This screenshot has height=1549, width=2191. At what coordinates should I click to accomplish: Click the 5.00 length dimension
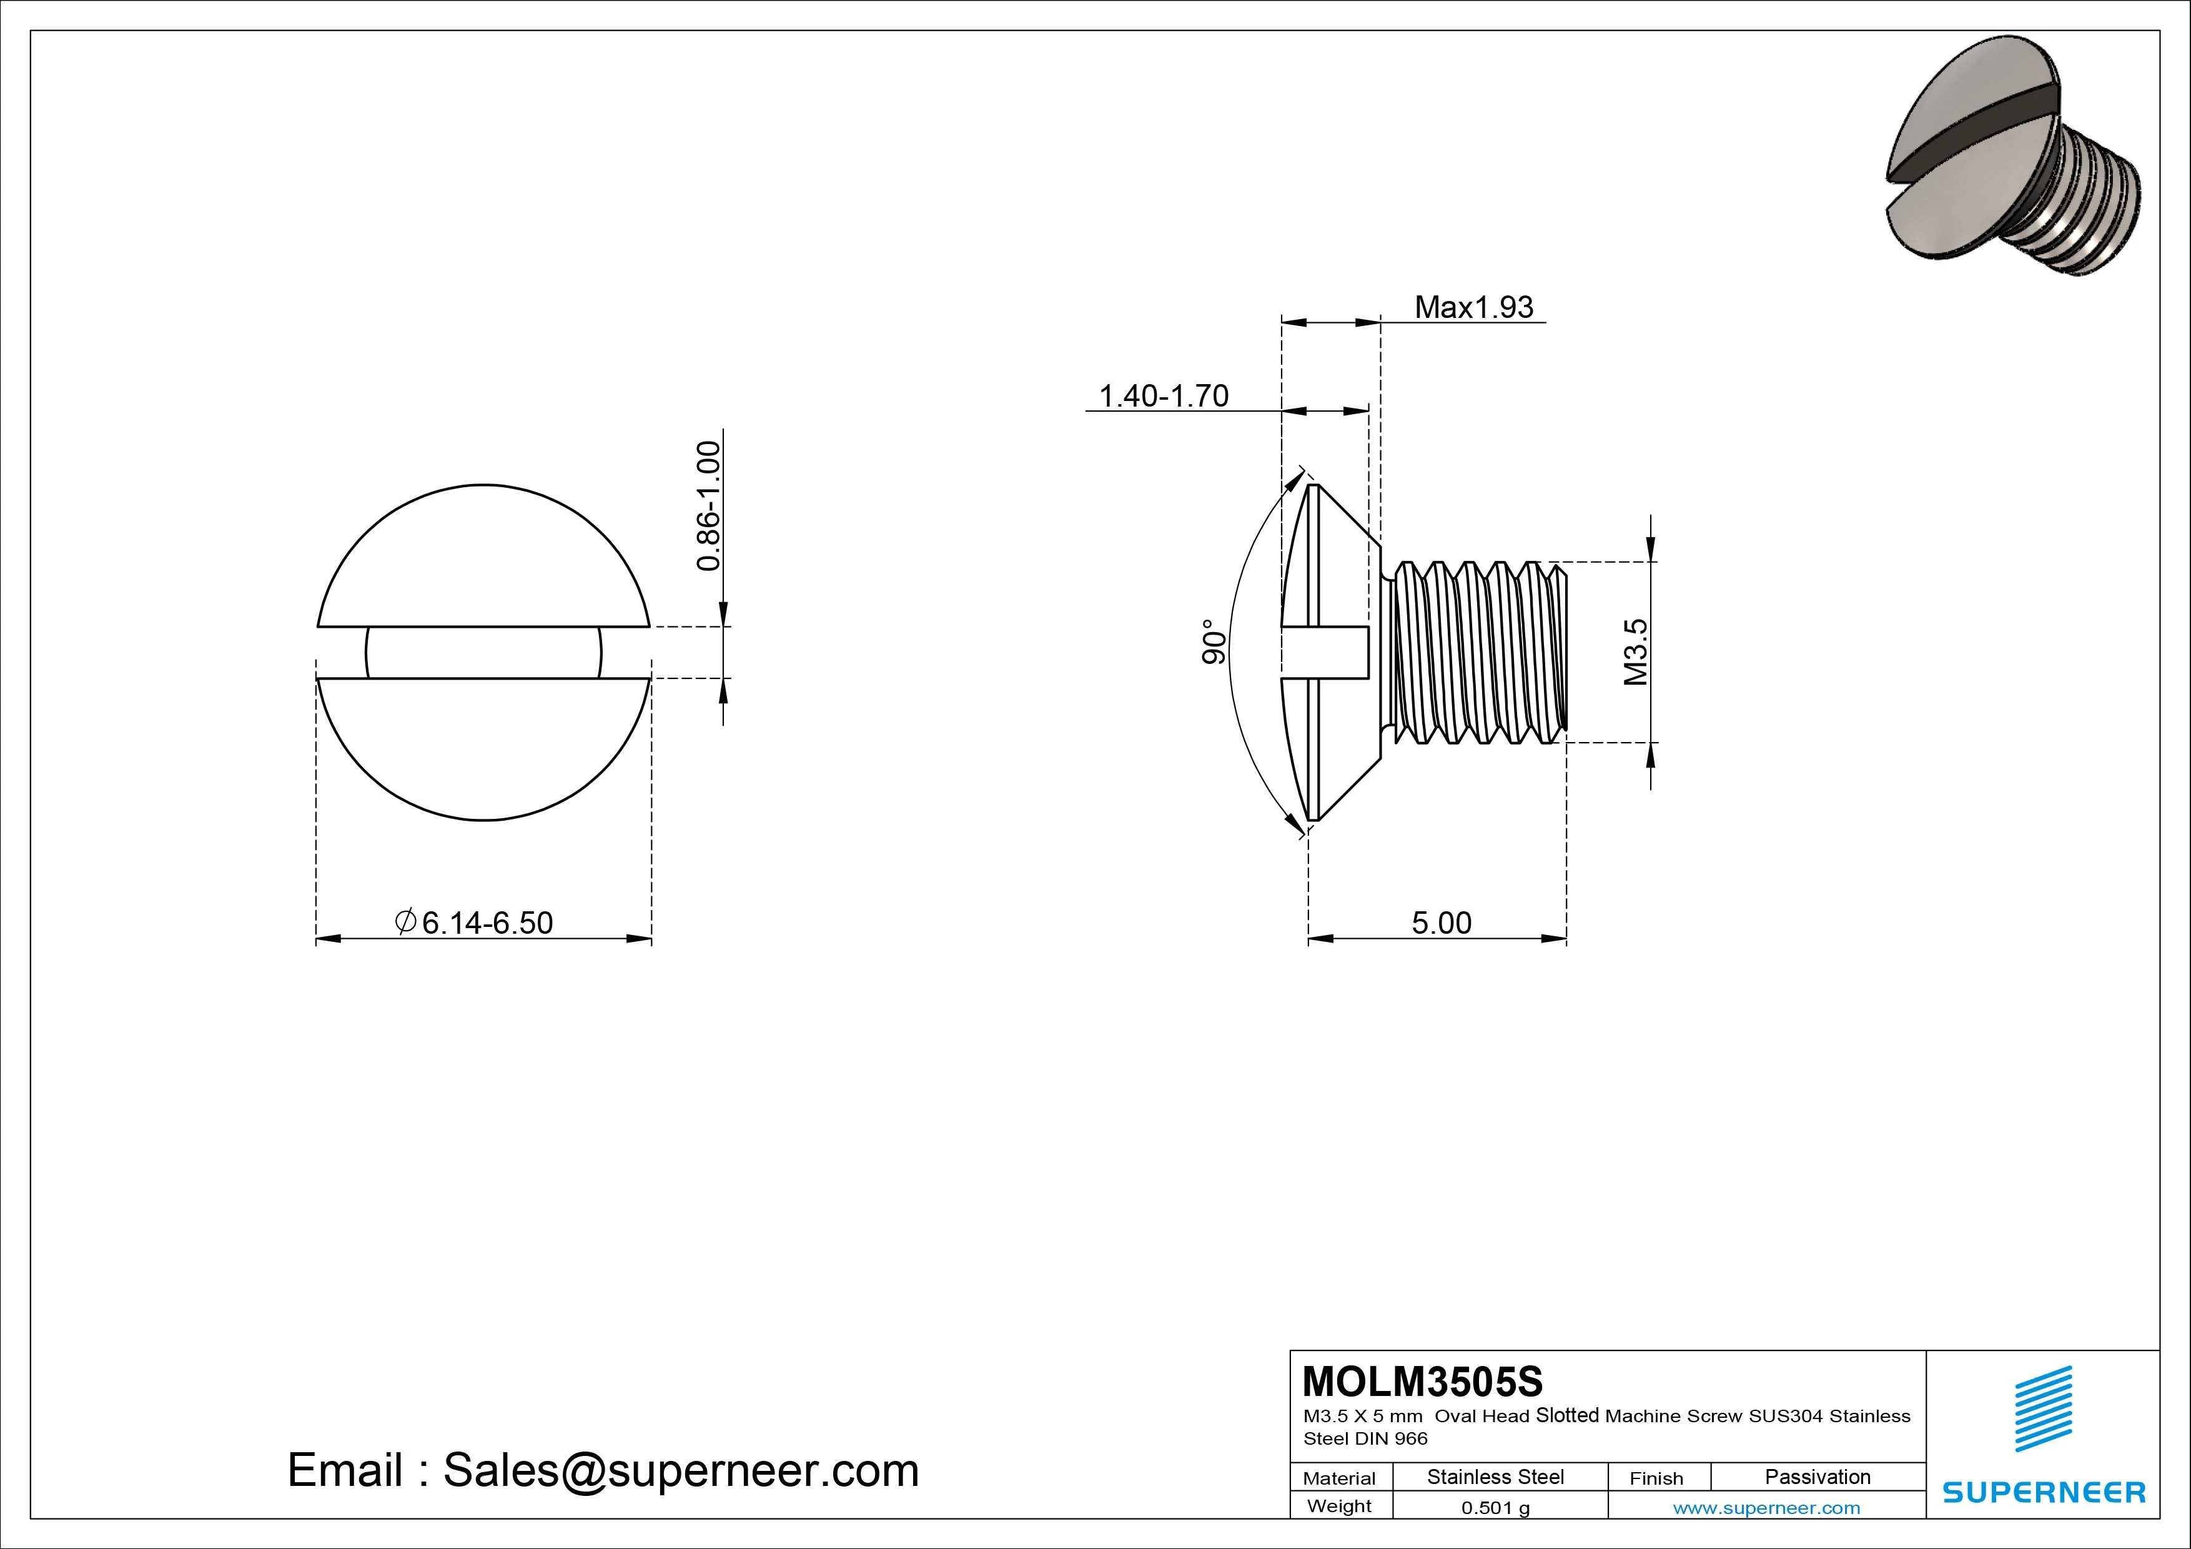click(x=1441, y=923)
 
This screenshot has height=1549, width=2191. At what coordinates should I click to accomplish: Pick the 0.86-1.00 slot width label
click(x=708, y=506)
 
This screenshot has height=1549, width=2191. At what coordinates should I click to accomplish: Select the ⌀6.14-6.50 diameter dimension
click(x=474, y=923)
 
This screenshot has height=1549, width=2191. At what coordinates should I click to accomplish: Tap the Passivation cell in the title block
click(x=1817, y=1477)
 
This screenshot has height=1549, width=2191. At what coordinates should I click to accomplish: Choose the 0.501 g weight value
click(x=1495, y=1508)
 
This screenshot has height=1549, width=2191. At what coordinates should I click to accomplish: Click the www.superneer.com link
click(x=1766, y=1508)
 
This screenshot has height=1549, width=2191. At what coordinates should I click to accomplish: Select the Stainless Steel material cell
click(x=1495, y=1477)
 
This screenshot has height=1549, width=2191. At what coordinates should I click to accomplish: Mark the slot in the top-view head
click(x=484, y=653)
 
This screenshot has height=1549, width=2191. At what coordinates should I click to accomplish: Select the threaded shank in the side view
click(x=1475, y=652)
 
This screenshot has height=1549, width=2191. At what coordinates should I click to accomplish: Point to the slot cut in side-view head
click(x=1327, y=653)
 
